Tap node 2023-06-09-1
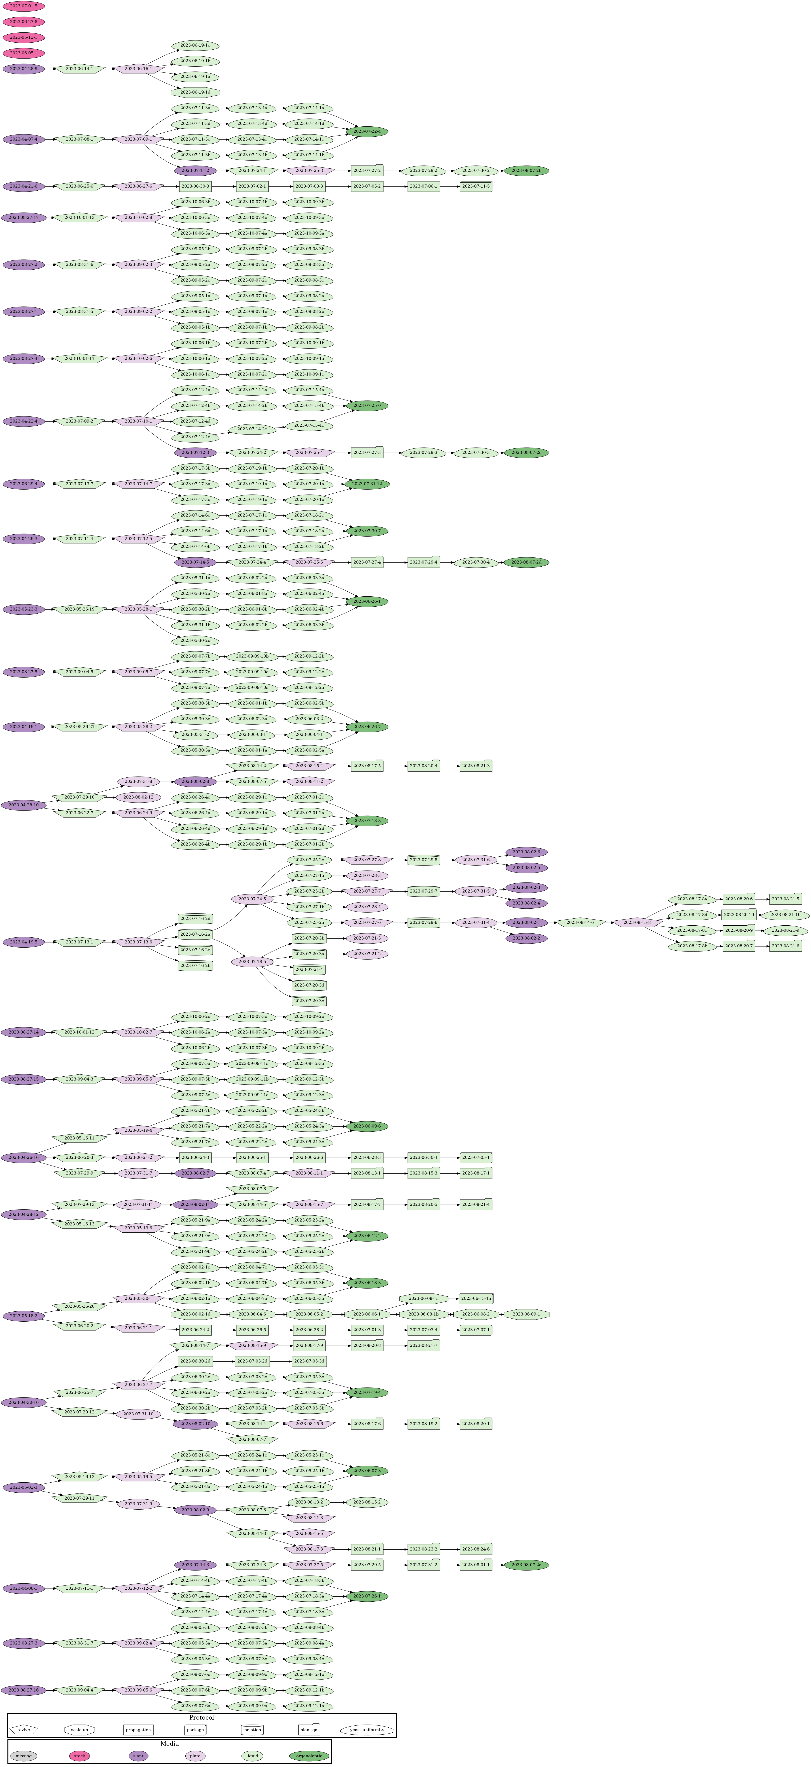point(526,1314)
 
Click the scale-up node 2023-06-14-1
point(80,69)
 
